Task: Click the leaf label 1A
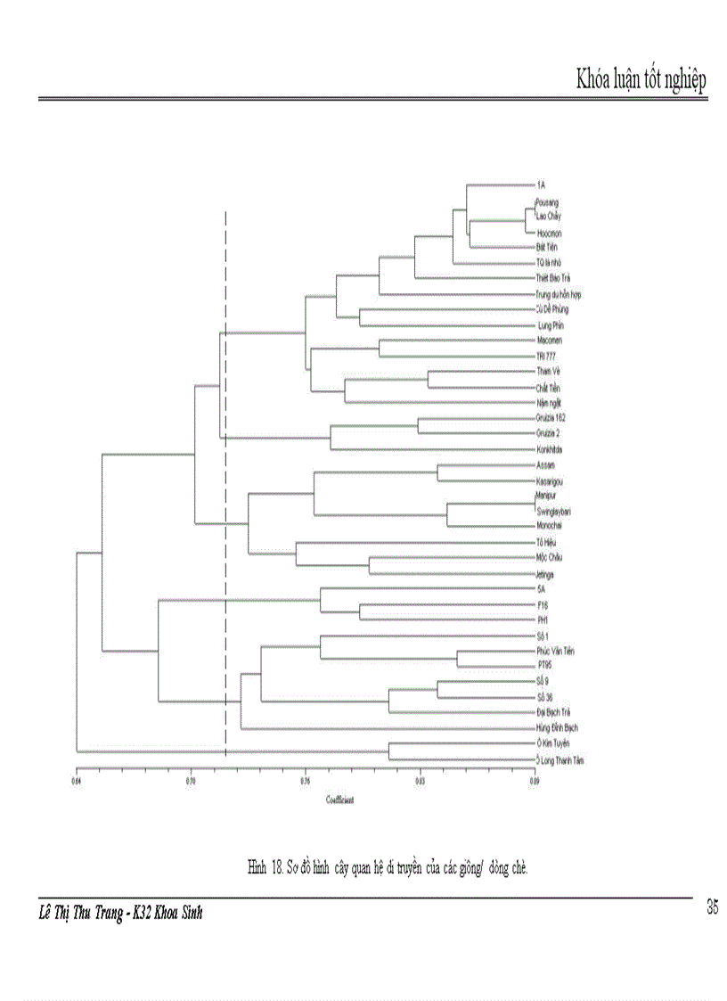(x=541, y=185)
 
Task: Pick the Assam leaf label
(x=545, y=465)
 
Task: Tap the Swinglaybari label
(x=553, y=511)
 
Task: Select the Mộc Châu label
(x=548, y=557)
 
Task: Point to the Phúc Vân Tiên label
(x=555, y=651)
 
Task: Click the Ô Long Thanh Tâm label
(x=560, y=760)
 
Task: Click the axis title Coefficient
(x=339, y=800)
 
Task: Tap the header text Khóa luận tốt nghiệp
(x=641, y=80)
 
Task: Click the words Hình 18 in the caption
(x=265, y=866)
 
